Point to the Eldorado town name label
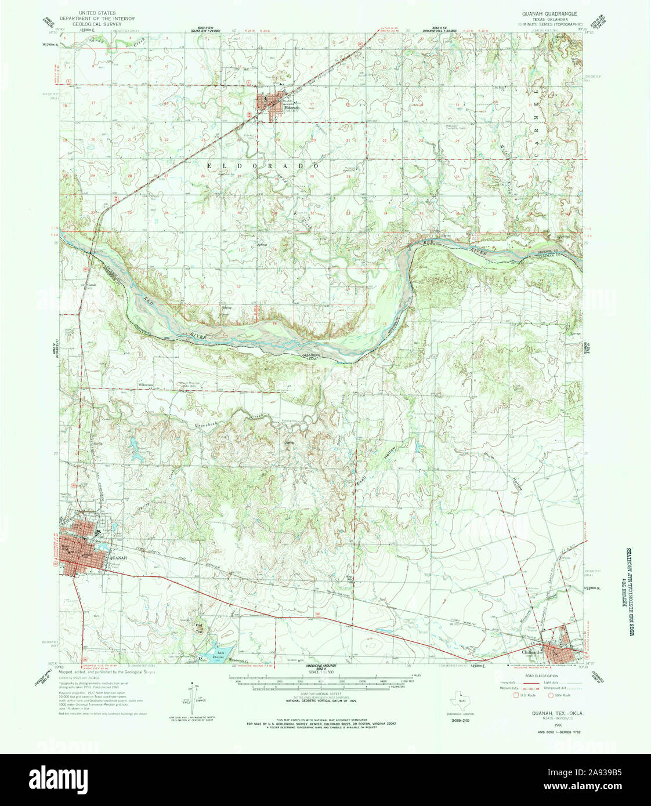click(x=291, y=108)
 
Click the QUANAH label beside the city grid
click(x=117, y=551)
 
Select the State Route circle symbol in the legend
click(x=551, y=695)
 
